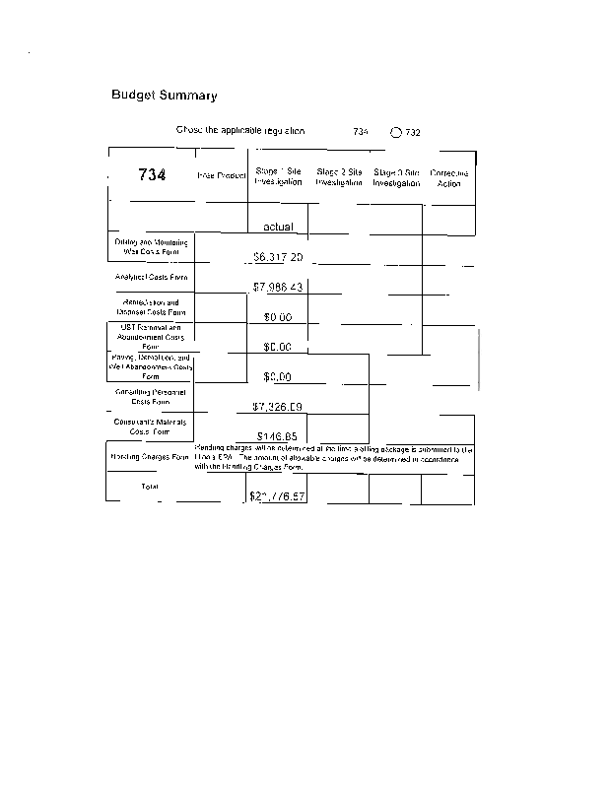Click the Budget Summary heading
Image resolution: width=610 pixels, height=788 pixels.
[164, 96]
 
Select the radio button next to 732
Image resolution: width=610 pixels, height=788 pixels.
[396, 131]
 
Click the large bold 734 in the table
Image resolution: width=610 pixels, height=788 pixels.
[152, 174]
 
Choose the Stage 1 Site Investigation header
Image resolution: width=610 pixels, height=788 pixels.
[278, 176]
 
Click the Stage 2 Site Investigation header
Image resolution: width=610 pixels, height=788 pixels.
[339, 176]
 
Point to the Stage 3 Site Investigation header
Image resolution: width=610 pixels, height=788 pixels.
[396, 177]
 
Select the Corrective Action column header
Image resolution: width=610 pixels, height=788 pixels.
[448, 177]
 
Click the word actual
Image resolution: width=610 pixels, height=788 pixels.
[279, 227]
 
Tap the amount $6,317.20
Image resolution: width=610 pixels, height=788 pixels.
[278, 257]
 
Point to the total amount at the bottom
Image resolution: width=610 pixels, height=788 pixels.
[278, 495]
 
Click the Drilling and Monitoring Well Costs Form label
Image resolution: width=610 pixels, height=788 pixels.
[151, 247]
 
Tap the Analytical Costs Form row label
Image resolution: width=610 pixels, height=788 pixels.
[151, 278]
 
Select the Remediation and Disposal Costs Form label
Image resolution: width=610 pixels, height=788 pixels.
[151, 307]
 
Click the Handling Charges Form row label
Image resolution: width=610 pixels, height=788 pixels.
[150, 457]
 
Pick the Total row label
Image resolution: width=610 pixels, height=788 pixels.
[150, 487]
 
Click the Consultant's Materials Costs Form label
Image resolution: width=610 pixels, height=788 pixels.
[150, 427]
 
